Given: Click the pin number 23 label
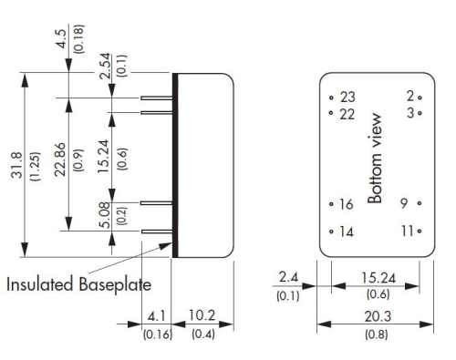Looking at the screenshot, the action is tap(347, 98).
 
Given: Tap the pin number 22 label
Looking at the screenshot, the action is tap(347, 115).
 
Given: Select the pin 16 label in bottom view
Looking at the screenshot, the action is tap(347, 204).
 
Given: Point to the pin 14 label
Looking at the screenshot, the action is tap(347, 231).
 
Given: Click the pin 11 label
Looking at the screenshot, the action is tap(408, 231).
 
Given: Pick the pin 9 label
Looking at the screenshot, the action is tap(404, 203).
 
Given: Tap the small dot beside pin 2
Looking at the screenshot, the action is tap(420, 98).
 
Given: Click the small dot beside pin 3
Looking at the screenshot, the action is tap(420, 113).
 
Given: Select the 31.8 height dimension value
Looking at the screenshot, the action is tap(16, 165).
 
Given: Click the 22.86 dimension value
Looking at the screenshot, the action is tap(60, 159).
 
